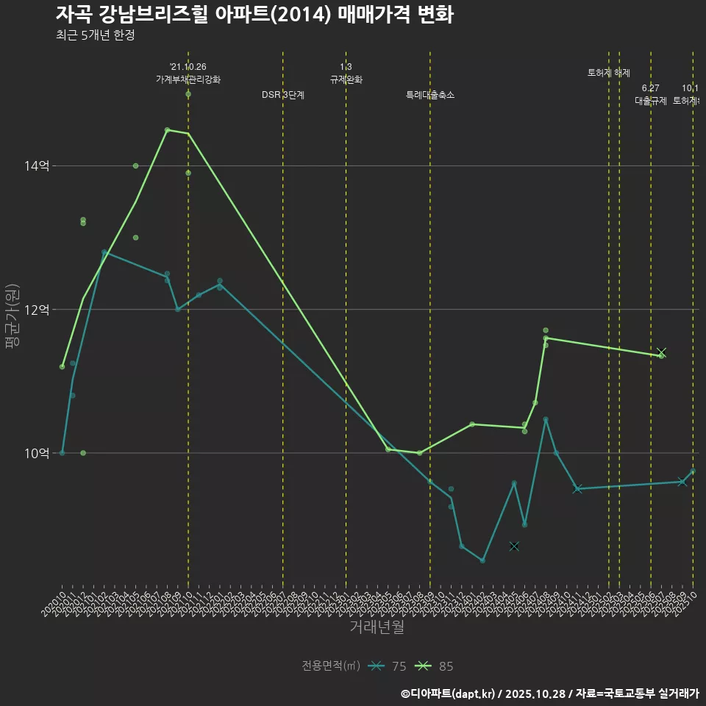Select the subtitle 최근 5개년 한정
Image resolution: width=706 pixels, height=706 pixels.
tap(95, 35)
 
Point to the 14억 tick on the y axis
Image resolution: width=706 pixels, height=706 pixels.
tap(36, 166)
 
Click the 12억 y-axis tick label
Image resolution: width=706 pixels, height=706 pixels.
tap(36, 310)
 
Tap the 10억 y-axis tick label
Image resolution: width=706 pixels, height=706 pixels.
tap(36, 453)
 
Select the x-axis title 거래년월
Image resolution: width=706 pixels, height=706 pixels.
tap(377, 627)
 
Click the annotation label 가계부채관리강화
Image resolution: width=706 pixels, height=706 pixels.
tap(188, 79)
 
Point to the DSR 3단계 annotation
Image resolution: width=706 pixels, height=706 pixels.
tap(283, 95)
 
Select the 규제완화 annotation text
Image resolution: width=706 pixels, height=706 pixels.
tap(346, 79)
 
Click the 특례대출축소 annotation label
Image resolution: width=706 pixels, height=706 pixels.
tap(430, 95)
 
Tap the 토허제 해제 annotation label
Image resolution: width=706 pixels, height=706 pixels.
tap(608, 73)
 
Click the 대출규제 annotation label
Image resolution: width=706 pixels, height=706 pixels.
tap(650, 101)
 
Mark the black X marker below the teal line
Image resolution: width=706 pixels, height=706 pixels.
tap(514, 546)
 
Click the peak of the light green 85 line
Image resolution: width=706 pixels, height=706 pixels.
tap(167, 130)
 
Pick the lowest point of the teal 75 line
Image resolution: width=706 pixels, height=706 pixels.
tap(482, 560)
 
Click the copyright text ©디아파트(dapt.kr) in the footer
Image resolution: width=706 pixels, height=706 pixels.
tap(452, 693)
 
